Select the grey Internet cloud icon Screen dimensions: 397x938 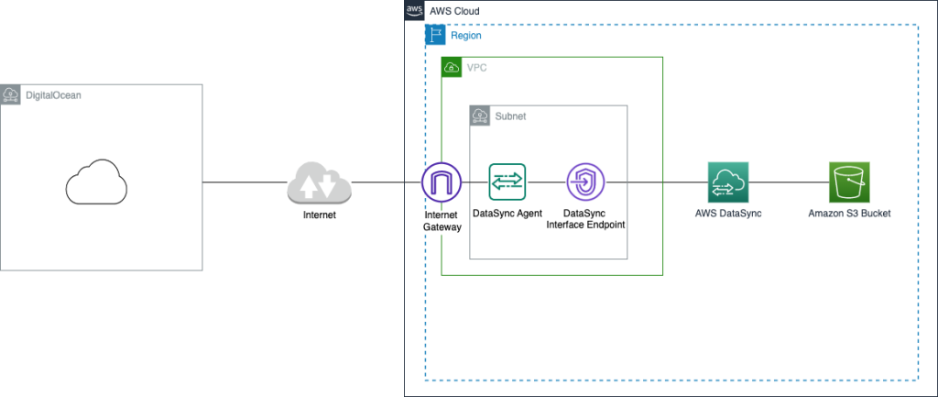[x=319, y=182]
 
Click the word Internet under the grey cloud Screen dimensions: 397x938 [x=319, y=215]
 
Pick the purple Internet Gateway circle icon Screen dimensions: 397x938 [x=442, y=182]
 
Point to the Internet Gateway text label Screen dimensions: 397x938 [x=442, y=220]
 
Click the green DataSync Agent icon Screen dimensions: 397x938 [x=507, y=182]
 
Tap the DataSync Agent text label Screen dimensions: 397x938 [x=507, y=214]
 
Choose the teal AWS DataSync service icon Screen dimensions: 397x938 [x=728, y=182]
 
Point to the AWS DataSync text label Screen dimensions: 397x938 [x=728, y=214]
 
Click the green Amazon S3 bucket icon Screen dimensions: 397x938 [x=849, y=182]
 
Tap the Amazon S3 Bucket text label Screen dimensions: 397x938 [x=849, y=214]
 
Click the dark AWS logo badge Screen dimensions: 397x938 [x=415, y=11]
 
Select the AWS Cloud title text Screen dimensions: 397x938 [x=455, y=11]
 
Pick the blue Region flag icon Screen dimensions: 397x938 [x=435, y=35]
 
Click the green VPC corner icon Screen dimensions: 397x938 [x=452, y=68]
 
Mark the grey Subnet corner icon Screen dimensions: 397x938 [x=480, y=116]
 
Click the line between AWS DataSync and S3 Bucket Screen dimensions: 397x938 [x=789, y=182]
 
